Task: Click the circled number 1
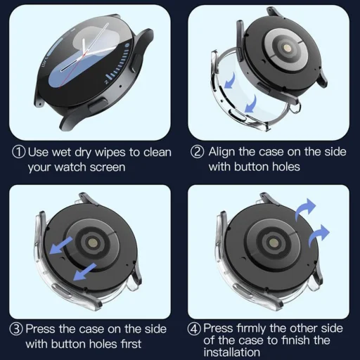19,152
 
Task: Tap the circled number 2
198,152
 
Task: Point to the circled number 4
195,328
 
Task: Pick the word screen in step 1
105,167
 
